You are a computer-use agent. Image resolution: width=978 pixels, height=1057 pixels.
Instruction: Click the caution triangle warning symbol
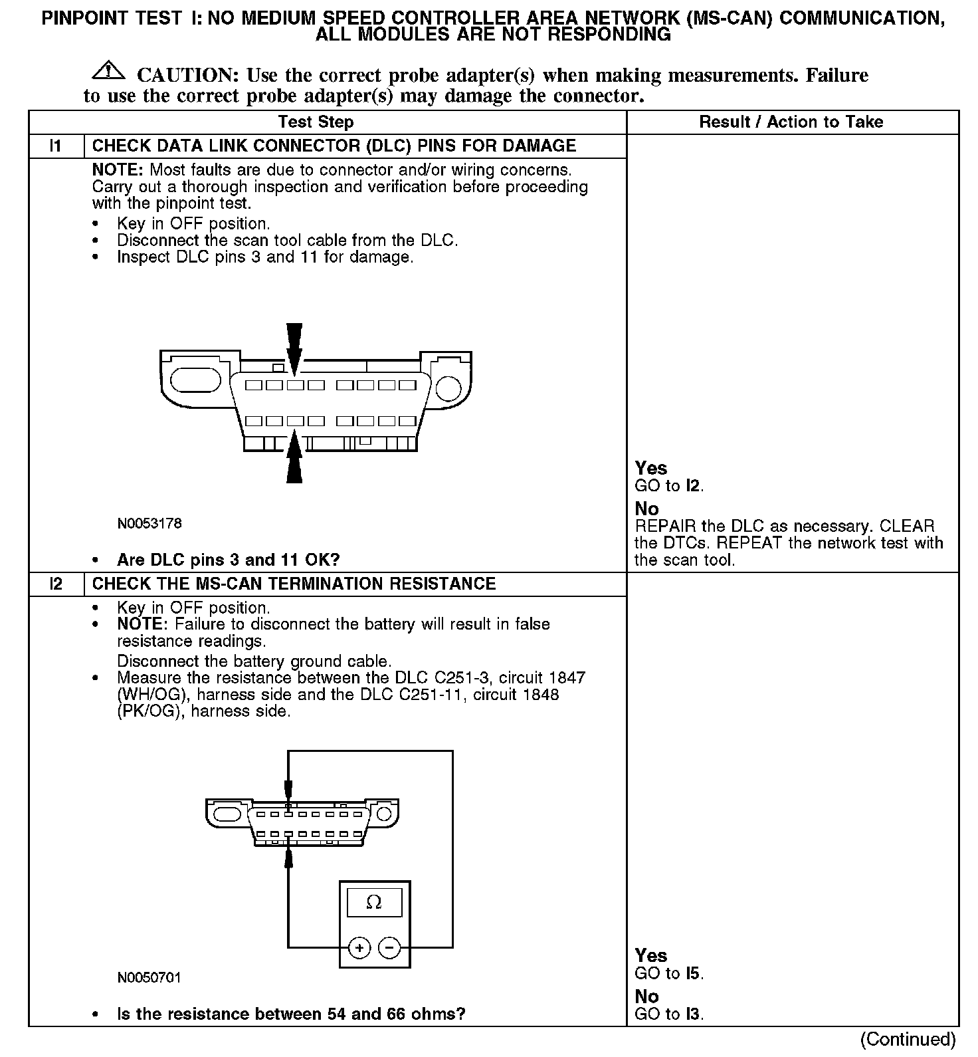(x=110, y=69)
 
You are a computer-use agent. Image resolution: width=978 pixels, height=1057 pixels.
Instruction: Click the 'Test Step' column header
(x=316, y=122)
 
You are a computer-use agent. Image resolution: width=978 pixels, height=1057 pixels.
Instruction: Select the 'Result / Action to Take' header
(x=791, y=122)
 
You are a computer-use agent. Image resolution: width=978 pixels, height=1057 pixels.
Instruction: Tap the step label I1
(x=56, y=146)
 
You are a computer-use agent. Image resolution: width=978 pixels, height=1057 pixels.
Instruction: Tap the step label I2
(x=56, y=584)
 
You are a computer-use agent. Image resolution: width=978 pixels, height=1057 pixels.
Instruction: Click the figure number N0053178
(x=149, y=524)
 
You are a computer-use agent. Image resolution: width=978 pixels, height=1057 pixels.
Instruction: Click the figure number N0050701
(x=149, y=978)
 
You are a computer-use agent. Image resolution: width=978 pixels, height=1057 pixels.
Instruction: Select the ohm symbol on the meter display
(x=374, y=902)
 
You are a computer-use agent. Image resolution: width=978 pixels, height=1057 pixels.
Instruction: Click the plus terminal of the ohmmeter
(x=359, y=947)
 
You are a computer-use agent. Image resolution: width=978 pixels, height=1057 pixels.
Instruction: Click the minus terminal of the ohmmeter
(x=389, y=947)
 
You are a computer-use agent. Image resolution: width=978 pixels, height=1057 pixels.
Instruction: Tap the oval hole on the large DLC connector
(x=195, y=381)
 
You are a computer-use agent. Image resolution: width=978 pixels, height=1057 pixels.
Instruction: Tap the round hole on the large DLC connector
(x=448, y=389)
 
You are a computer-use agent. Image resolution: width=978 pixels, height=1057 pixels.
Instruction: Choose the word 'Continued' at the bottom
(x=908, y=1038)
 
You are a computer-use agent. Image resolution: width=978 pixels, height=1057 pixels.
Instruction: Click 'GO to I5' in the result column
(x=668, y=974)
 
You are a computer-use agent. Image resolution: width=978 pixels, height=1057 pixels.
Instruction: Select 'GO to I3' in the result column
(x=668, y=1014)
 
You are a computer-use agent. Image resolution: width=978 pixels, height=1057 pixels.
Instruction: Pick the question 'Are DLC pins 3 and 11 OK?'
(x=228, y=560)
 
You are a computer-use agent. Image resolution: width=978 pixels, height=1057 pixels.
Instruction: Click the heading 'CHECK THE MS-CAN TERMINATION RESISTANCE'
(x=294, y=584)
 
